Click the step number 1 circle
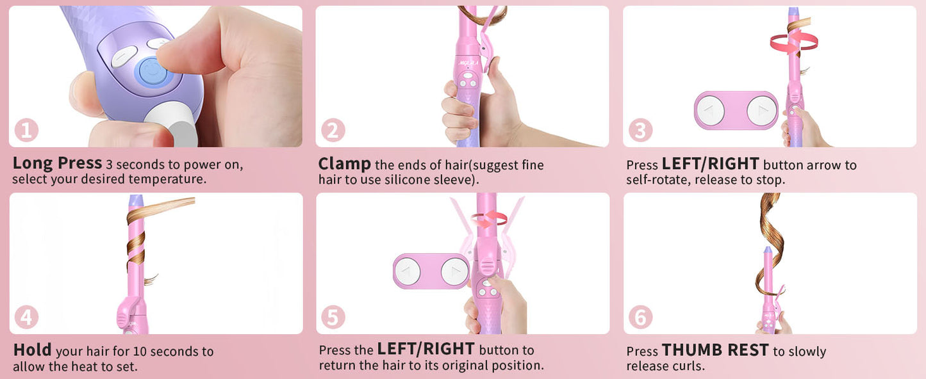[26, 131]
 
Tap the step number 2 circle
[333, 131]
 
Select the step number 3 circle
[640, 131]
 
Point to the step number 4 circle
[26, 318]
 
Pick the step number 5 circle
[333, 318]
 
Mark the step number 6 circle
[640, 318]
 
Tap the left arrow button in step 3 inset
[711, 110]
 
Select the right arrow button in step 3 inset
[761, 110]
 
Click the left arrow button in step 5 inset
[408, 271]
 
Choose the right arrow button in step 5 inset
[454, 271]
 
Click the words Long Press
[57, 163]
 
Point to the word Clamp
[344, 164]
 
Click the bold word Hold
[32, 350]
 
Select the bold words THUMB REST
[715, 350]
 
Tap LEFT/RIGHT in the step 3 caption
[710, 164]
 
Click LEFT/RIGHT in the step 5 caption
[426, 350]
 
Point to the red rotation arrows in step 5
[489, 219]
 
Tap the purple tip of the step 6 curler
[767, 250]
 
